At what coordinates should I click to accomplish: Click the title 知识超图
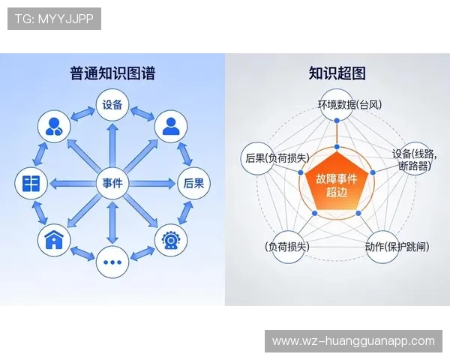pos(337,73)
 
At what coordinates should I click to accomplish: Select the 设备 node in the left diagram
pos(112,104)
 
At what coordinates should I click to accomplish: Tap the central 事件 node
pos(112,183)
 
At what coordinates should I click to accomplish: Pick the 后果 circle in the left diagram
pos(191,183)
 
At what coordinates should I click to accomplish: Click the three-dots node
pos(112,262)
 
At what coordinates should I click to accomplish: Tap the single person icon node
pos(170,125)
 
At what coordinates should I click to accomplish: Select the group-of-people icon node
pos(54,125)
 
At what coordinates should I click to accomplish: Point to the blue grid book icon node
pos(31,183)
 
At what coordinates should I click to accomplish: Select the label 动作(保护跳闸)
pos(397,247)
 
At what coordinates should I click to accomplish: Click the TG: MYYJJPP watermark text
pos(54,19)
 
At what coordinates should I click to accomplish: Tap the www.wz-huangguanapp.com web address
pos(353,341)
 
